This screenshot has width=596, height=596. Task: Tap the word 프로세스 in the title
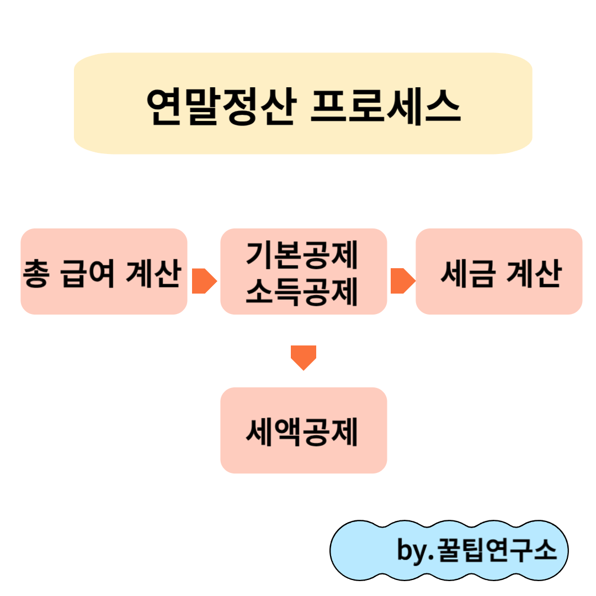click(385, 107)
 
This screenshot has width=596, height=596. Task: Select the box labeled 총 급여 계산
click(104, 272)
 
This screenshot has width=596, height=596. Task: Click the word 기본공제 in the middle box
click(303, 254)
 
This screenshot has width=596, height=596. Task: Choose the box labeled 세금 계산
click(499, 272)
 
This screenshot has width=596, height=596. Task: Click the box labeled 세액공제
click(303, 430)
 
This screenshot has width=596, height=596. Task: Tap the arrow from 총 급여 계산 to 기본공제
click(204, 281)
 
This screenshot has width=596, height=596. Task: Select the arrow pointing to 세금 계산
click(402, 281)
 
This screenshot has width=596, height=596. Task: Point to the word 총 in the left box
click(35, 274)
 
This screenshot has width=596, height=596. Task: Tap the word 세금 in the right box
click(468, 274)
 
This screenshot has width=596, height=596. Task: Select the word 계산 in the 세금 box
click(534, 274)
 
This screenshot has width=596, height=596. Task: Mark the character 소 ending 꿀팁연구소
click(545, 551)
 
